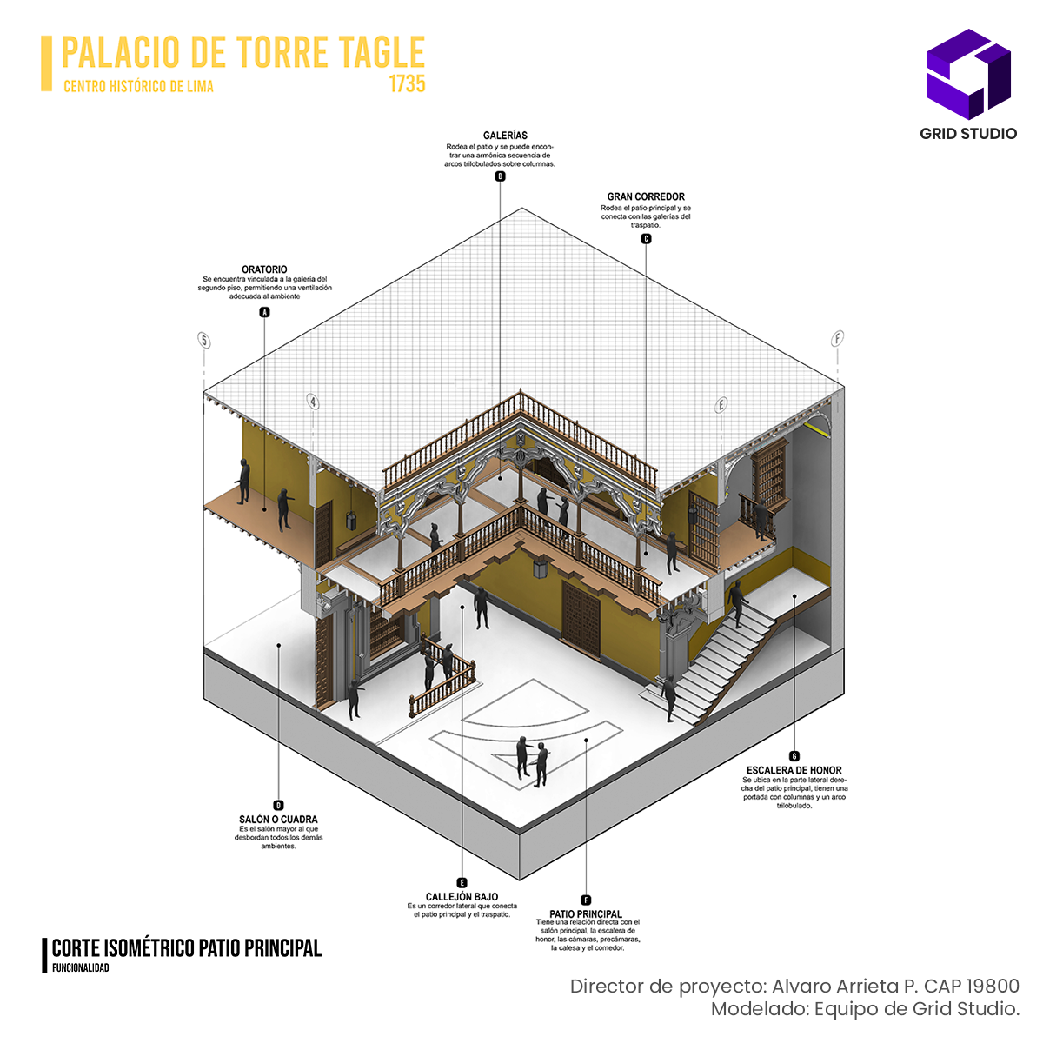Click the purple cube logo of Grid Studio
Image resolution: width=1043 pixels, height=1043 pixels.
[968, 74]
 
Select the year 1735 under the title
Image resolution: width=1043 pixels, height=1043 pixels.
[407, 84]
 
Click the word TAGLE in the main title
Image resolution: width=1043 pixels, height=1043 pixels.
[382, 53]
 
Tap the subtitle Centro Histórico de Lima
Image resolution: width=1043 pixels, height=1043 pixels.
[138, 86]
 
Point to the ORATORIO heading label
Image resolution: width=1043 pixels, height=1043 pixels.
[264, 269]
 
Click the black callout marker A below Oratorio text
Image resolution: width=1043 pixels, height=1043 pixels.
[265, 312]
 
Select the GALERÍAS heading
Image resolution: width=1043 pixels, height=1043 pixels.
[505, 136]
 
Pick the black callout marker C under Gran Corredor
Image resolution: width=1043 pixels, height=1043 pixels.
[646, 239]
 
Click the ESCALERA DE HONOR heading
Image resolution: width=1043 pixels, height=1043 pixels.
[794, 770]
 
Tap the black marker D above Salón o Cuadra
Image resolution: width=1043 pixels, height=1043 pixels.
[278, 806]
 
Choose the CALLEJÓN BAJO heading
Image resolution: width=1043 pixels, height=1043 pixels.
[462, 896]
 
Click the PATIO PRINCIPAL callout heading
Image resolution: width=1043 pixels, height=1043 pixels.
[586, 913]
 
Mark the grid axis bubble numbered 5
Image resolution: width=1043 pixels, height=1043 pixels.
[204, 340]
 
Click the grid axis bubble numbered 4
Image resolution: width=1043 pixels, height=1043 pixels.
[313, 402]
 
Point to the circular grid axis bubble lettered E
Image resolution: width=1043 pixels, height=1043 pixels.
[721, 405]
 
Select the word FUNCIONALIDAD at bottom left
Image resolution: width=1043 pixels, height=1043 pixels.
[81, 968]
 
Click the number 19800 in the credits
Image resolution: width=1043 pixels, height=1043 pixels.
[993, 987]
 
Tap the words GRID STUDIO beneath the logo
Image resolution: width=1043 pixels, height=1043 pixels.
[968, 134]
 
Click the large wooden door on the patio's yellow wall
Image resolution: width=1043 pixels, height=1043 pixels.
[581, 617]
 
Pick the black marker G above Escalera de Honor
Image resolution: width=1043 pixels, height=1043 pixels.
[794, 756]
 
